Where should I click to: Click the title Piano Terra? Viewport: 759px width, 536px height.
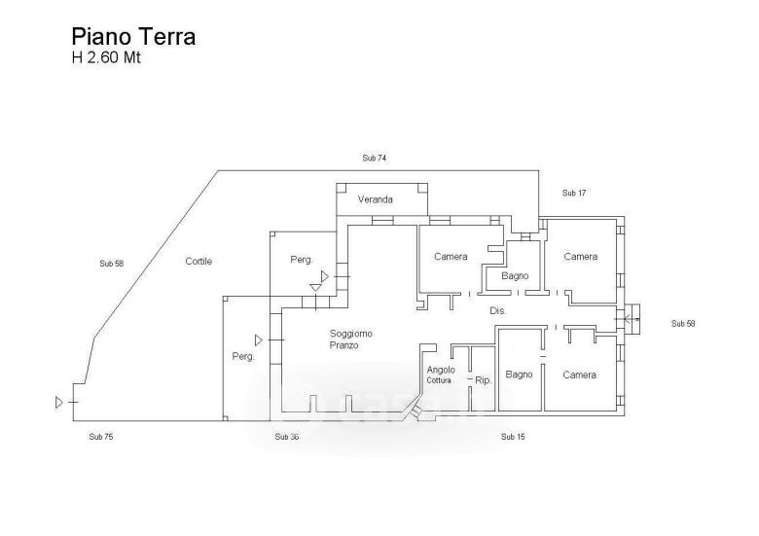click(133, 37)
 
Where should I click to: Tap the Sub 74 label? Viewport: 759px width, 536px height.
click(375, 158)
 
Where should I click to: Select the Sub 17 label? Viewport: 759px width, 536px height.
click(574, 194)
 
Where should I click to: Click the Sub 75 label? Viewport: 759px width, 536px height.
click(101, 437)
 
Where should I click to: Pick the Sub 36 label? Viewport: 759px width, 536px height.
click(287, 437)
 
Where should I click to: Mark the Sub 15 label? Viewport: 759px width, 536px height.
click(513, 437)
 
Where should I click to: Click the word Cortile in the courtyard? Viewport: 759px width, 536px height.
click(199, 261)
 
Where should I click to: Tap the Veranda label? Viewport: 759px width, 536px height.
click(375, 199)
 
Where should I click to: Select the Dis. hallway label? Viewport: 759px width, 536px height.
click(498, 310)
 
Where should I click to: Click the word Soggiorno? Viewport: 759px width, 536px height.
click(350, 334)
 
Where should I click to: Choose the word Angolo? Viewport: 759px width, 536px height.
click(443, 369)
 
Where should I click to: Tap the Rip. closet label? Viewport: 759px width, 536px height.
click(483, 380)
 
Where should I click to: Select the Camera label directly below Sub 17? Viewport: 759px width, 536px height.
click(580, 257)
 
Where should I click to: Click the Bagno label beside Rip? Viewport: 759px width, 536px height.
click(520, 375)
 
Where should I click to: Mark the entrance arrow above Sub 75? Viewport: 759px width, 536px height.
click(59, 401)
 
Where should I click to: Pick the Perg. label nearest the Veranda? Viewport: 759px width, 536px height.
click(302, 260)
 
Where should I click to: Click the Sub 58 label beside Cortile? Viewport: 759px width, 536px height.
click(113, 263)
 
